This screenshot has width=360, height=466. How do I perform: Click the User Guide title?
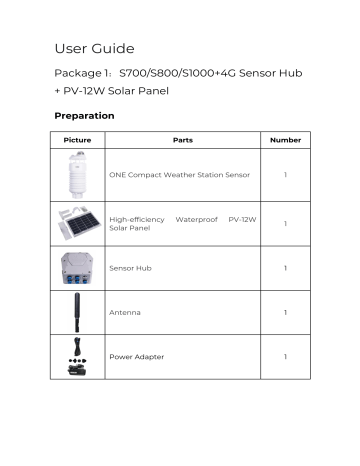click(93, 48)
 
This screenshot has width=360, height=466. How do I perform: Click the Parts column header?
click(182, 140)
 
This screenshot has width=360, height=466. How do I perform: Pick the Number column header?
click(285, 140)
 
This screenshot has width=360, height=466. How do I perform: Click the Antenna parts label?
click(125, 313)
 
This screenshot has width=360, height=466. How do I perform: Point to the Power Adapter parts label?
click(137, 357)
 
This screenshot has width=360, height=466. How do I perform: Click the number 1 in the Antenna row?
click(285, 313)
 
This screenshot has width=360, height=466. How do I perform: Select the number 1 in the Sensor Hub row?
click(285, 268)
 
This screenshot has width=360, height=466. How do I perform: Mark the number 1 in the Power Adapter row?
click(285, 357)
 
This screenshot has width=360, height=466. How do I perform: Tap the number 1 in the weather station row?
click(285, 174)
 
